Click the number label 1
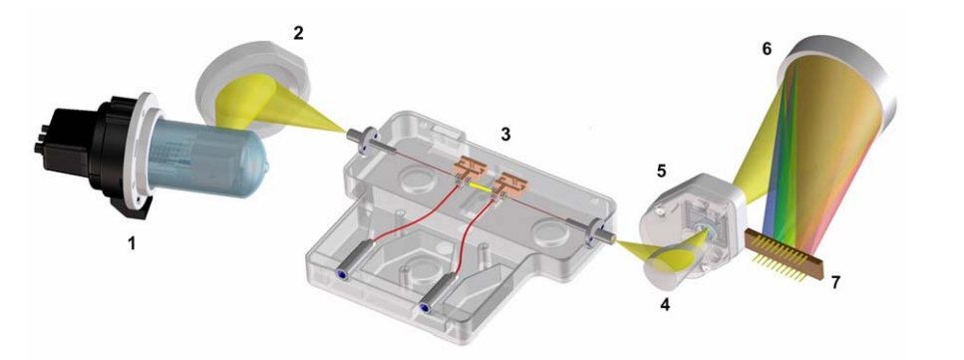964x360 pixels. [x=131, y=243]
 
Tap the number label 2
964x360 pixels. [x=298, y=33]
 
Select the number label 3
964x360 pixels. [x=505, y=135]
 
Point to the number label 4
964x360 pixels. [x=666, y=304]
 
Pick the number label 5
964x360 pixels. [x=661, y=171]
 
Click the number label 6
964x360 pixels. [x=767, y=49]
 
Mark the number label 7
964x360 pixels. [x=834, y=282]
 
